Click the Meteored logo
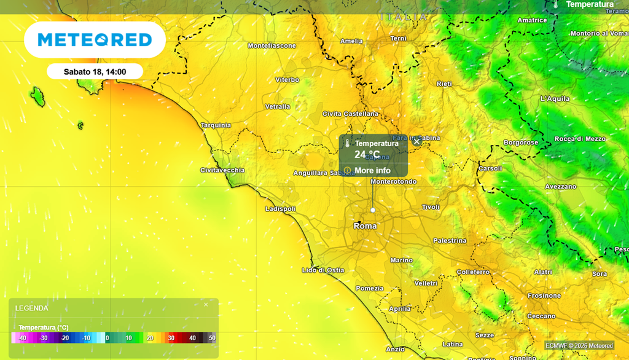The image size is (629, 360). tap(95, 40)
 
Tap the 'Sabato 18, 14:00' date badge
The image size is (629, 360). tap(95, 72)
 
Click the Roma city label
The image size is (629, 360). tap(365, 226)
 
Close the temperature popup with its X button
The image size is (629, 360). tap(416, 141)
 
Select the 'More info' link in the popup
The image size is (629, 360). tap(372, 170)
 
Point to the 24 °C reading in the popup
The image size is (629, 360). tap(367, 154)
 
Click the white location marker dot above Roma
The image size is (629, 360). tap(372, 210)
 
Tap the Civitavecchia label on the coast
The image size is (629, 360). tap(222, 170)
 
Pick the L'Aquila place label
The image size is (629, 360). tap(555, 98)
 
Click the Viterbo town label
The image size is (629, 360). tap(287, 80)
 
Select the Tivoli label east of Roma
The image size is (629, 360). tap(431, 207)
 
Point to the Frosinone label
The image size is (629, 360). tap(544, 295)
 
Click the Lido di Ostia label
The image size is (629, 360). tap(323, 270)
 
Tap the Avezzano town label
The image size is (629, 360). tap(561, 186)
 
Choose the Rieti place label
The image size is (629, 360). tap(443, 84)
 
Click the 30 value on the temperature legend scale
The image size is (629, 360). tap(171, 338)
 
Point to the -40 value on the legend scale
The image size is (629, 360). tap(22, 338)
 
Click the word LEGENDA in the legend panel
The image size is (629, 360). tap(31, 308)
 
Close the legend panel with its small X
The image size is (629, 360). tap(206, 304)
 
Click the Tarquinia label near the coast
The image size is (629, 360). tap(216, 125)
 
